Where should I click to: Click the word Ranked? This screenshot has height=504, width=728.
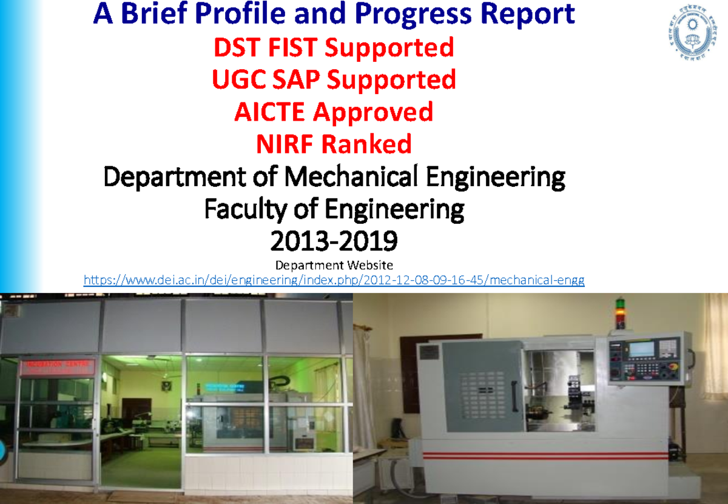pos(367,144)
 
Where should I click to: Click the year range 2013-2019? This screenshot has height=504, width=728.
pos(334,243)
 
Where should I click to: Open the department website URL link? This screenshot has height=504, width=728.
pos(334,280)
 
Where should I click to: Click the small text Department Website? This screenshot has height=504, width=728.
pos(334,265)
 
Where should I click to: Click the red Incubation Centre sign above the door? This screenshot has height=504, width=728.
pos(57,366)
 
